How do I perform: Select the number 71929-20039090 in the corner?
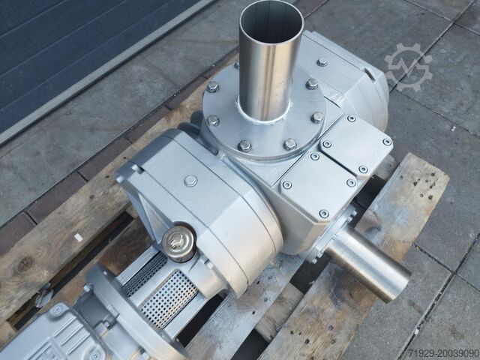click(443, 353)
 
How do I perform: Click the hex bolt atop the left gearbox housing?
click(190, 181)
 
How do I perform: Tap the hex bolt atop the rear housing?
click(322, 62)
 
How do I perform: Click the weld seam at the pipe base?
click(263, 115)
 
